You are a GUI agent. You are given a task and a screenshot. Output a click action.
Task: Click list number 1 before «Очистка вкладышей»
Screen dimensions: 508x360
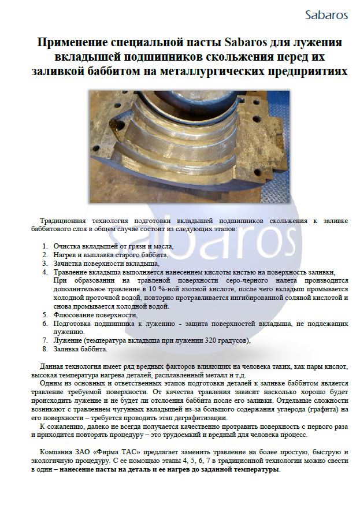point(44,246)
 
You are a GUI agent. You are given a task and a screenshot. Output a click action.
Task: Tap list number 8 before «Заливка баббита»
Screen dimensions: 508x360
point(44,349)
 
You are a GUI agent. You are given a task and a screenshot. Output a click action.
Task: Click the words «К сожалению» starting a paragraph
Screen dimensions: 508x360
point(57,427)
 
